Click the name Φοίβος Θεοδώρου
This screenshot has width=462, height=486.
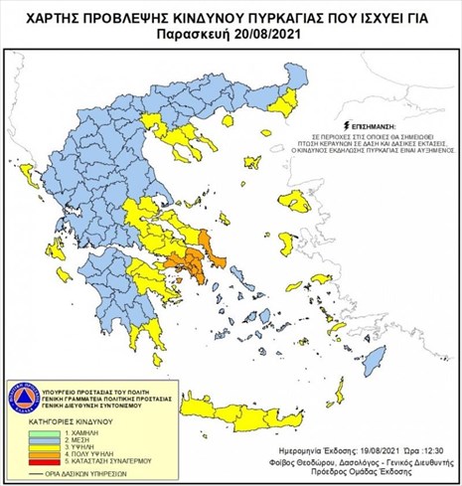300,462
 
